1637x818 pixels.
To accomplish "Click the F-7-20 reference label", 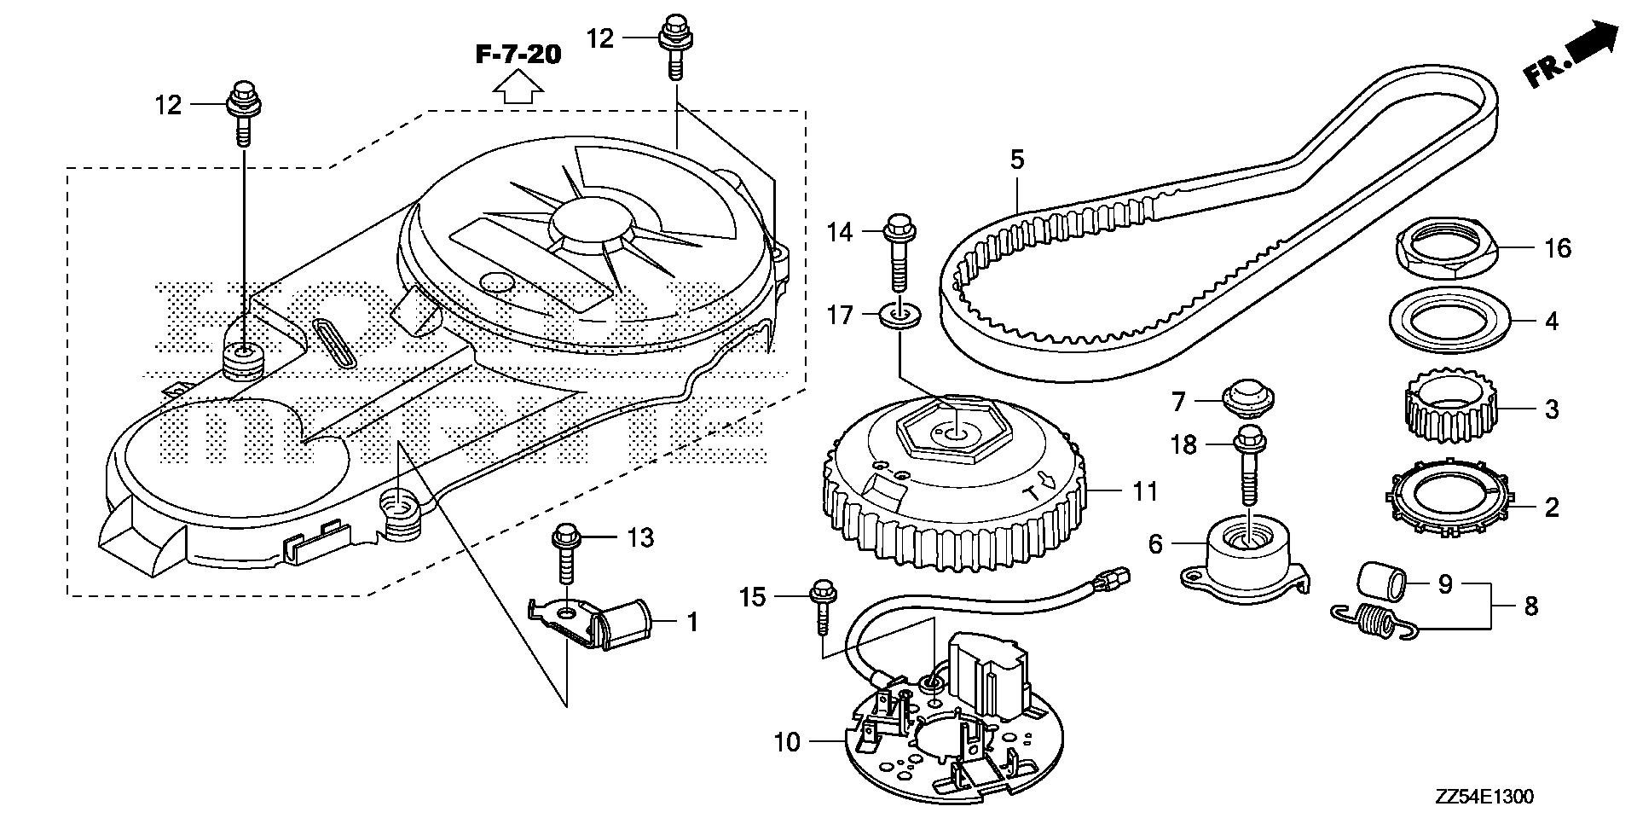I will tap(518, 55).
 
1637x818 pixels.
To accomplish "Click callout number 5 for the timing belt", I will tap(1016, 160).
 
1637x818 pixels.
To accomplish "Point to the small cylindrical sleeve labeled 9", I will tap(1377, 585).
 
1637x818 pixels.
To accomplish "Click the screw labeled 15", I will tap(823, 607).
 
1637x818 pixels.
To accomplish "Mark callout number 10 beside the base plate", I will tap(788, 743).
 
